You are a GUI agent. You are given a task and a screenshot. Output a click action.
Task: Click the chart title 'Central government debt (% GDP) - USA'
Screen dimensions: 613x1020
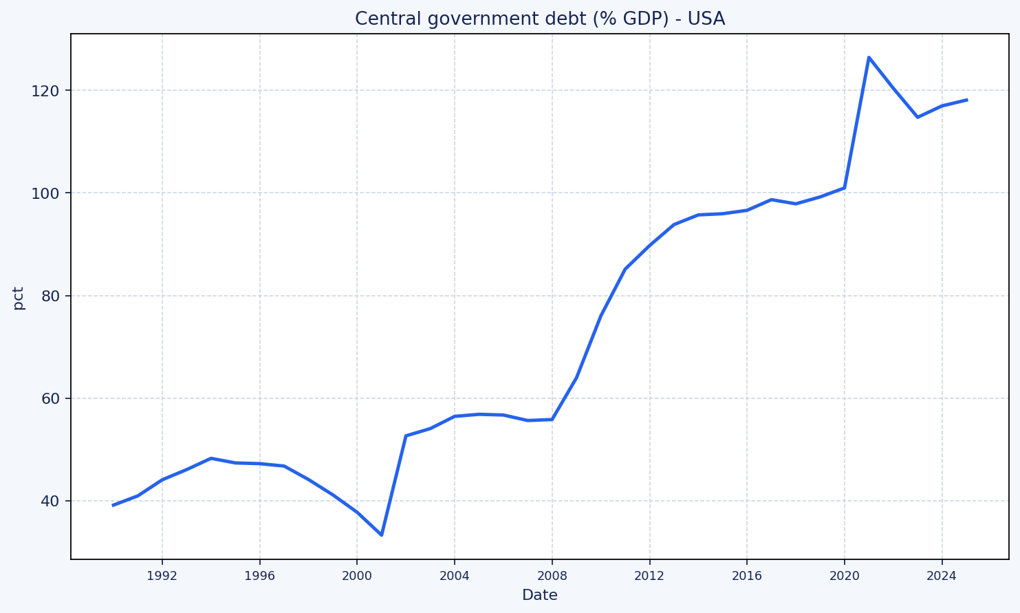[539, 19]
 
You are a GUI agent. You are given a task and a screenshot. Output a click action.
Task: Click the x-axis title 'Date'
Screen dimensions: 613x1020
[539, 595]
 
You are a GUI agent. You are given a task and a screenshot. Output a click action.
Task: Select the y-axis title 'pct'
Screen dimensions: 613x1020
[19, 298]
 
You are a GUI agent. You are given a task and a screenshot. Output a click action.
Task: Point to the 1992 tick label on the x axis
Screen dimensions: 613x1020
[162, 576]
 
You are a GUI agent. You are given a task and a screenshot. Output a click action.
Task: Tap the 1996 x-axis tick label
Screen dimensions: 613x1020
[259, 576]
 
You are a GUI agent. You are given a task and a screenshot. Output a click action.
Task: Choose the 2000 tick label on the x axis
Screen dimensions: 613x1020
[357, 576]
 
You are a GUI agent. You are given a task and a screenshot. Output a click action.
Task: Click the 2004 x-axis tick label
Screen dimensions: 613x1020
[455, 576]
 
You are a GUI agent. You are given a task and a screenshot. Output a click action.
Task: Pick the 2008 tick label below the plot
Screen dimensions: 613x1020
[552, 576]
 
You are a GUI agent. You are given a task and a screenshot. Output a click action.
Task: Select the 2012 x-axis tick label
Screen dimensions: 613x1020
[649, 576]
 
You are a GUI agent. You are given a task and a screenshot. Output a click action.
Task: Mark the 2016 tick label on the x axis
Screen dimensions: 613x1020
[747, 576]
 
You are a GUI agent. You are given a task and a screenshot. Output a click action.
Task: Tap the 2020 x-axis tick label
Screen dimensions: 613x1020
[845, 576]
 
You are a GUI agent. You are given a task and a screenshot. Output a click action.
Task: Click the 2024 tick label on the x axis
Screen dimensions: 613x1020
[942, 576]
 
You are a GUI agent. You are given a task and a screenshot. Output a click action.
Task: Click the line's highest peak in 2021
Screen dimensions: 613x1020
[869, 57]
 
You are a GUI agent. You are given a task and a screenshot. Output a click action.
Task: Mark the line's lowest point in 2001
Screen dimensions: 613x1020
[382, 535]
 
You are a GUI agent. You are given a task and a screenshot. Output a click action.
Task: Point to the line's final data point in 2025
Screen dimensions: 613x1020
[966, 100]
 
